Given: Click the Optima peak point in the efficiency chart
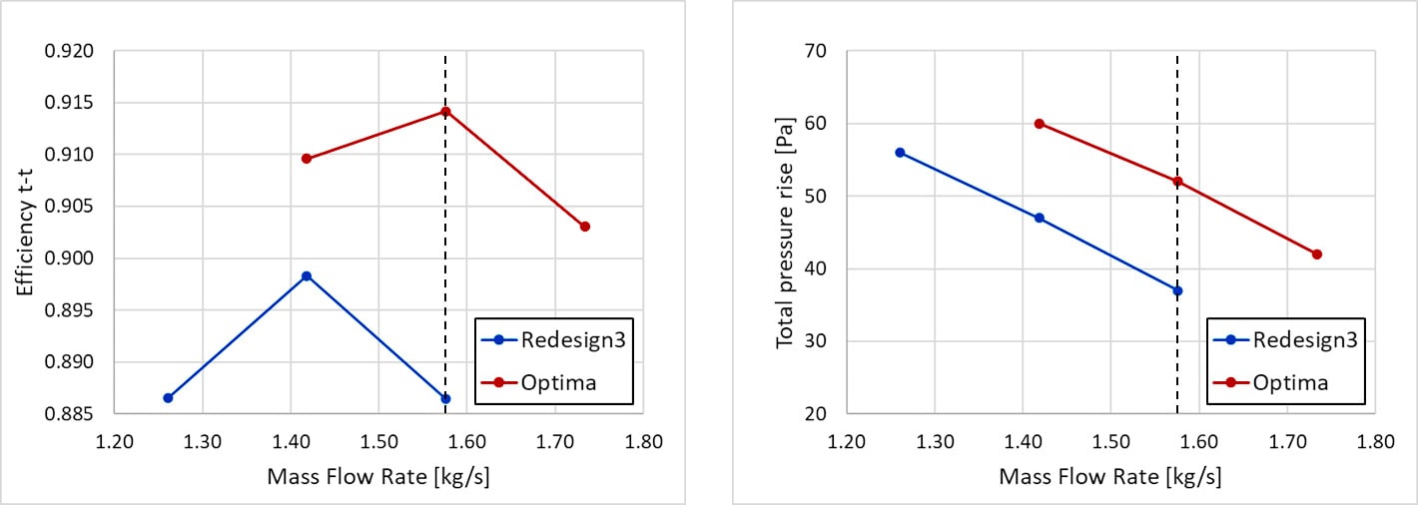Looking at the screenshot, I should [445, 111].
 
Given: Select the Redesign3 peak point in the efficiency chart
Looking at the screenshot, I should [307, 275].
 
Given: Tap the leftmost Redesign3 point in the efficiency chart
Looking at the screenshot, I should [168, 398].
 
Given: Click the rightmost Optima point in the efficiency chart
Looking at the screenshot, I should [584, 227].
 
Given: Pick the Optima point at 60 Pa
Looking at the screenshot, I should [1040, 124].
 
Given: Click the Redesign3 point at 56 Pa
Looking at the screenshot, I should [900, 153].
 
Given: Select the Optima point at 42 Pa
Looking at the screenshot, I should [1317, 254].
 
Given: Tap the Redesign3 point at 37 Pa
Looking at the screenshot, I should [1177, 290].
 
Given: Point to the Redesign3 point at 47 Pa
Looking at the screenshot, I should [1040, 218].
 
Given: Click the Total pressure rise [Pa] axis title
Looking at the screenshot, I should [785, 231].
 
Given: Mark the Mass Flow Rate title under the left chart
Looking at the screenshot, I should [378, 477].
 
